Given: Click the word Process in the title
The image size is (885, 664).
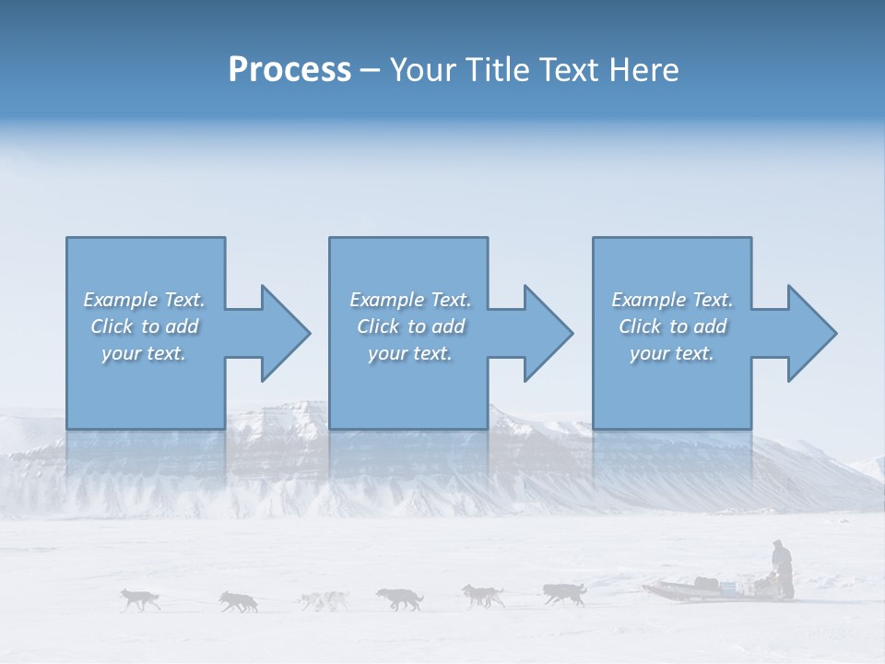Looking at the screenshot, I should tap(289, 70).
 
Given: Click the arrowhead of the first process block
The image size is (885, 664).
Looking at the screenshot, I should tap(282, 333).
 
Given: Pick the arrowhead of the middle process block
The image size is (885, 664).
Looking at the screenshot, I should tap(546, 333).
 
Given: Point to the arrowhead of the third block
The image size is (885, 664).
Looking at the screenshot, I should tap(809, 333).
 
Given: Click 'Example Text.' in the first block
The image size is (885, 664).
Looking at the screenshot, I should tap(144, 300).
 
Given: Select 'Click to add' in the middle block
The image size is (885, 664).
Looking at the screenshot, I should tap(410, 326).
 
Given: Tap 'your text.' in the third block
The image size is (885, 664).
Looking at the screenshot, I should tap(671, 353).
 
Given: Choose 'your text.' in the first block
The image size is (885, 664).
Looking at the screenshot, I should tap(144, 353).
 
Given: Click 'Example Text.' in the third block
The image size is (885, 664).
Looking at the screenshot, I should tap(671, 300).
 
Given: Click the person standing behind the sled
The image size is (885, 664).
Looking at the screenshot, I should tap(782, 568).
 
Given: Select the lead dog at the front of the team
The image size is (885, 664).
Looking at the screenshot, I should tap(140, 599).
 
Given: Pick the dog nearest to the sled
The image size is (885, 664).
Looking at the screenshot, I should tap(564, 593).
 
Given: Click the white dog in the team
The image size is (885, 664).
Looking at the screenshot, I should tap(323, 601).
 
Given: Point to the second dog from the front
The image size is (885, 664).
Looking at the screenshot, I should tap(239, 601).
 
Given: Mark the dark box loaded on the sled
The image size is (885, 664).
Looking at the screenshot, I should tap(707, 583).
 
